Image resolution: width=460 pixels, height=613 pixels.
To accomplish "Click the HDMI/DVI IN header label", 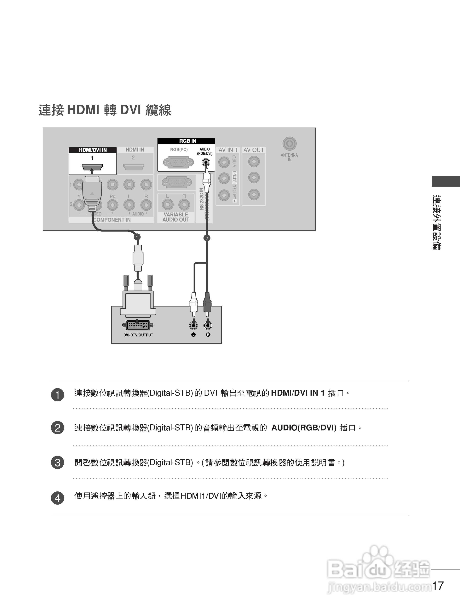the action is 93,150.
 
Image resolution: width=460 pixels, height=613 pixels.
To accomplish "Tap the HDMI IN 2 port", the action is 134,167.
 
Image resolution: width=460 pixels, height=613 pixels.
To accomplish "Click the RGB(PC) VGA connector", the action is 178,162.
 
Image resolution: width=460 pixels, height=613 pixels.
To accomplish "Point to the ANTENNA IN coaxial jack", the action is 289,144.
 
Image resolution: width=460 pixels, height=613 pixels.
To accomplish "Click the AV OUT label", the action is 254,150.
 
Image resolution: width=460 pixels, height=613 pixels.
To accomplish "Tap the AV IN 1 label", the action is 228,150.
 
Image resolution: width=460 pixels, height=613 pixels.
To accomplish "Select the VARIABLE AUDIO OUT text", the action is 176,217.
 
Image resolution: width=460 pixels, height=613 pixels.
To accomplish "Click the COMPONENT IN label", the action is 112,220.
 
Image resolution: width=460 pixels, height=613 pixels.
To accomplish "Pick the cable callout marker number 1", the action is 137,237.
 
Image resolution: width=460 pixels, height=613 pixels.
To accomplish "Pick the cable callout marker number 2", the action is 206,238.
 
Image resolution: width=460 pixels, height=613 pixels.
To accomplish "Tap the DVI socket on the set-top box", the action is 138,325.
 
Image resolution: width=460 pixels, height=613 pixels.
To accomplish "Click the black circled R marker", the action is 208,335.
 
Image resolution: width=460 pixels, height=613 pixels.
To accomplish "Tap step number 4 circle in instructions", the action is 58,498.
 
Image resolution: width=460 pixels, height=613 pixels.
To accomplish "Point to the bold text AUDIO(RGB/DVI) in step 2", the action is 304,428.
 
